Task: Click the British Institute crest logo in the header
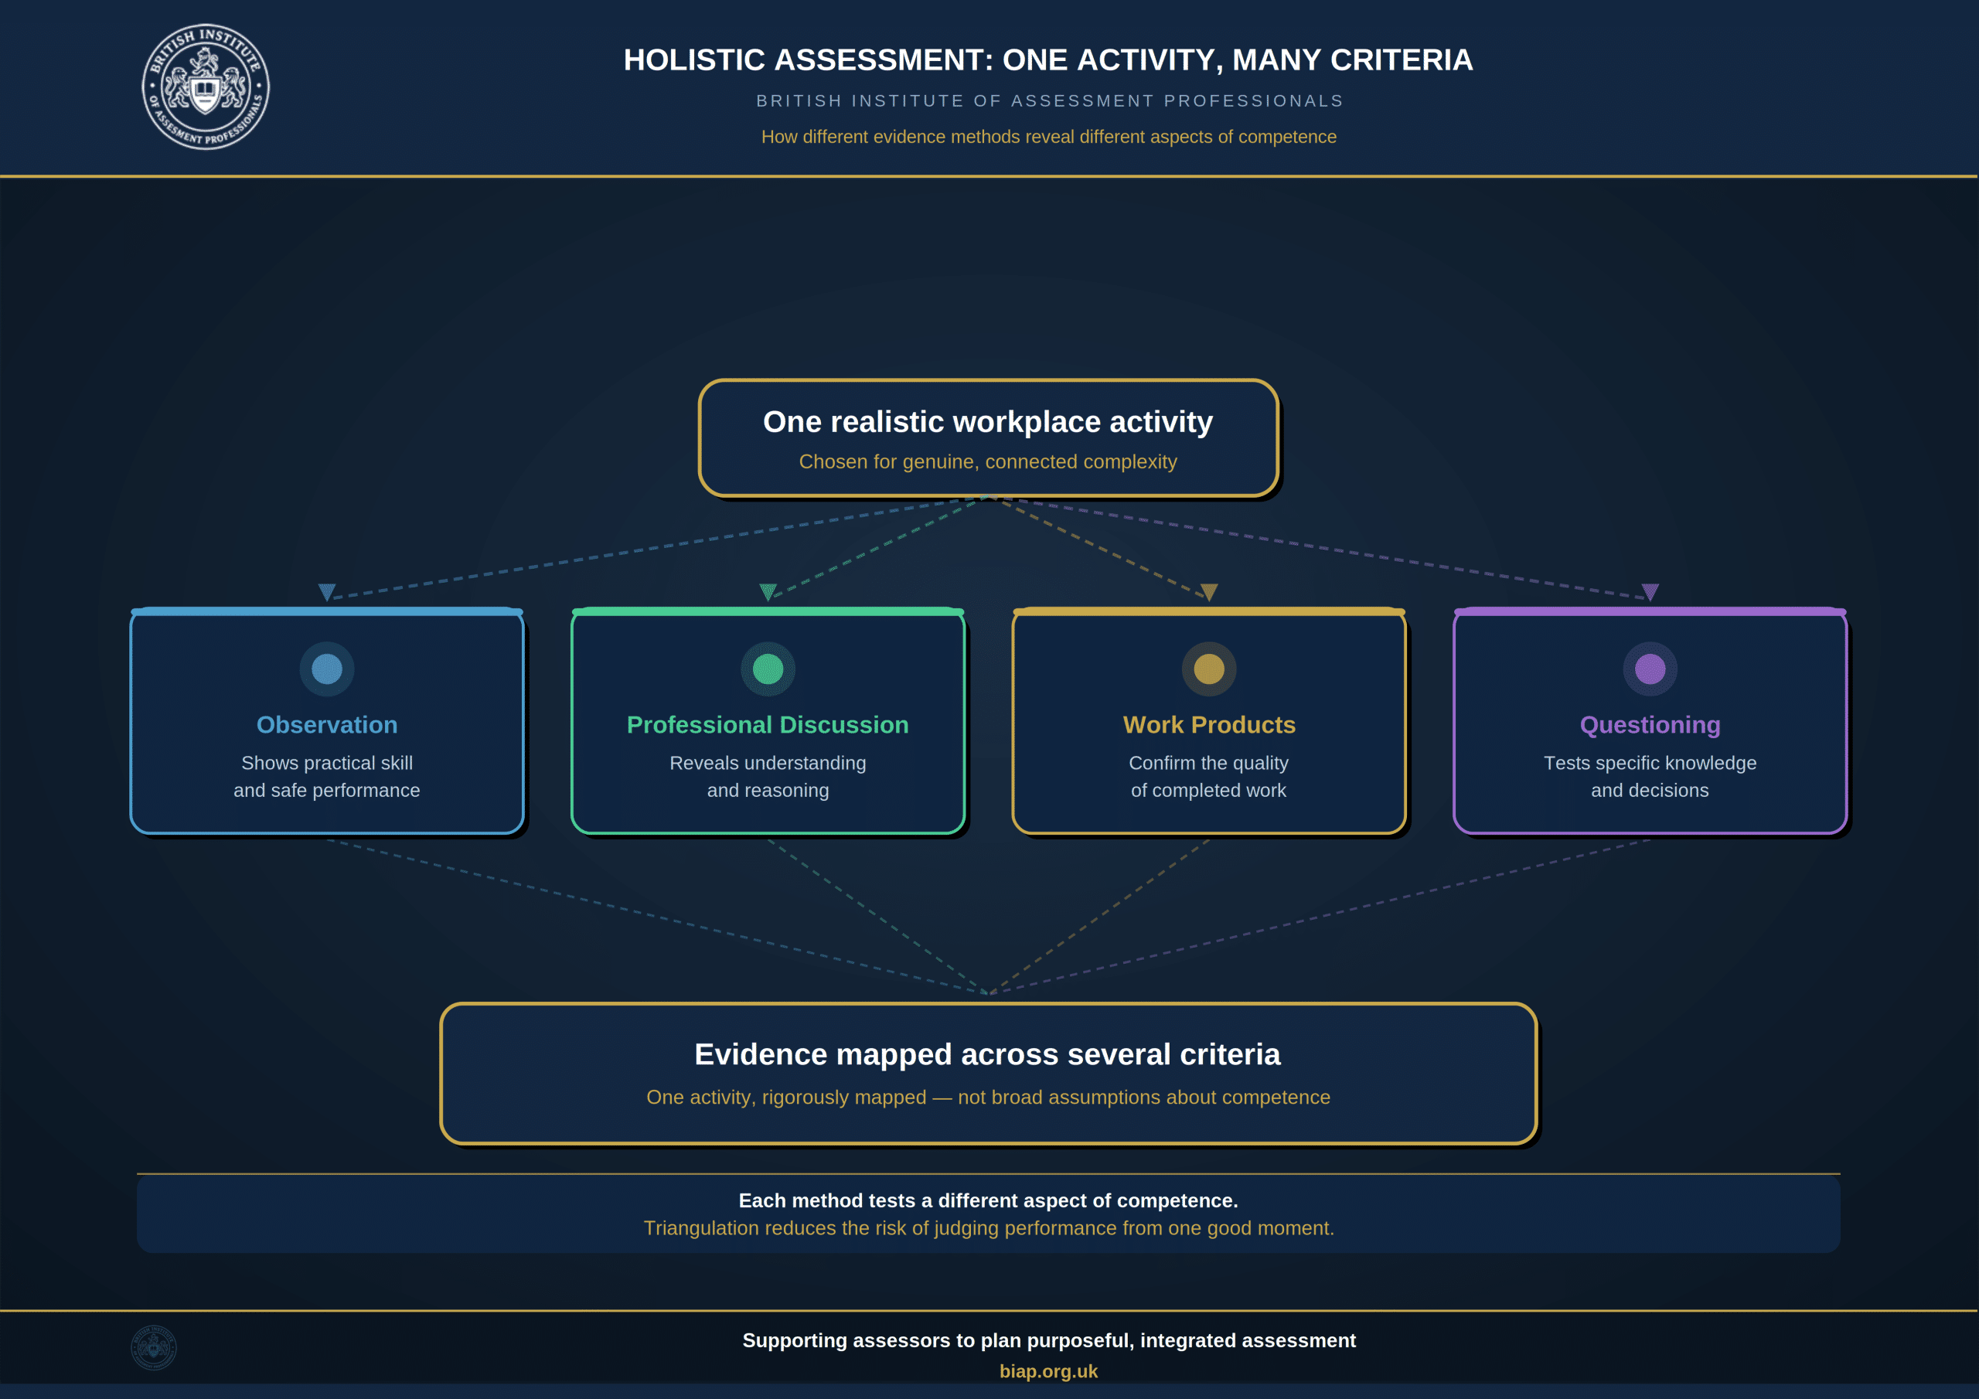click(205, 87)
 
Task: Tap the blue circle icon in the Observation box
click(327, 669)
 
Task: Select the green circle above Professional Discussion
click(768, 669)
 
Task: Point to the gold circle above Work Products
click(1209, 669)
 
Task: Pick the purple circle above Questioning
click(1650, 669)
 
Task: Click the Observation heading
click(327, 725)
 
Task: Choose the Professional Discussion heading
click(768, 725)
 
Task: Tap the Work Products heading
click(1209, 725)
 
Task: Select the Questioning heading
click(1650, 725)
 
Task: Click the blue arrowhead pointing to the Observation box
click(327, 592)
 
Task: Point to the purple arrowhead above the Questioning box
click(1650, 592)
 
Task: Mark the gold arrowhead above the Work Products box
click(1209, 592)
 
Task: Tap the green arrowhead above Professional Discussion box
click(768, 592)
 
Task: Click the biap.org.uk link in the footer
click(1048, 1370)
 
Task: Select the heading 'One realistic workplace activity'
click(988, 421)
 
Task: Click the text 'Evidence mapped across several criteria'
click(988, 1054)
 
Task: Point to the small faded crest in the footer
click(153, 1347)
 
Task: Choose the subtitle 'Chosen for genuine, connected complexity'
click(988, 462)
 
